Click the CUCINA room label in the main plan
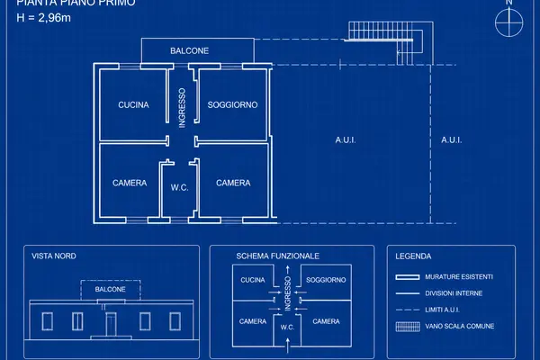coord(133,104)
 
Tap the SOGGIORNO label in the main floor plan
coord(232,104)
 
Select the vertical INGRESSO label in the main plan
coord(182,108)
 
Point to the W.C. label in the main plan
coord(179,188)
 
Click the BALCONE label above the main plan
coord(189,51)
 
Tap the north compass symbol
coord(509,22)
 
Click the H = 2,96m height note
coord(44,18)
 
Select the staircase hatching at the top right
coord(381,31)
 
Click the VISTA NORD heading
coord(54,256)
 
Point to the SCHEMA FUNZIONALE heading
coord(277,256)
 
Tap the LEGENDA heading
coord(413,256)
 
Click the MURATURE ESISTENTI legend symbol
coord(408,277)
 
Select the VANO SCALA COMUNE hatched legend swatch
coord(408,327)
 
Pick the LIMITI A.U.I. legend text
coord(442,310)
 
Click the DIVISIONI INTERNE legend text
coord(454,293)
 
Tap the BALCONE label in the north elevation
coord(110,289)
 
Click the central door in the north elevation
coord(111,324)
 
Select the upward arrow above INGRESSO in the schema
coord(288,270)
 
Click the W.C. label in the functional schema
coord(287,328)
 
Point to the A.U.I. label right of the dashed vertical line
coord(452,139)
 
